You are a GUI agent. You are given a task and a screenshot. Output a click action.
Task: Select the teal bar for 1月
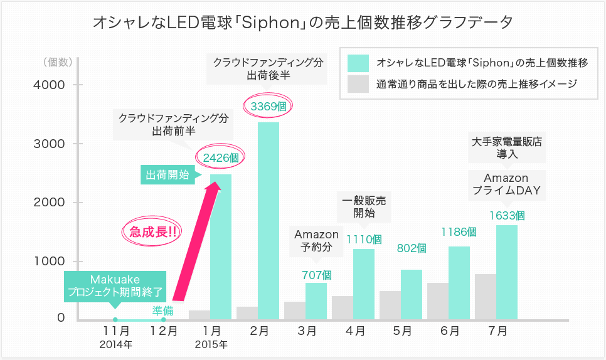pos(221,246)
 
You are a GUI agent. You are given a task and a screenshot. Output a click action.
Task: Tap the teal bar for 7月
pos(507,272)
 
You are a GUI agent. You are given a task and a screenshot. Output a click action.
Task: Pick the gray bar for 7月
pos(486,297)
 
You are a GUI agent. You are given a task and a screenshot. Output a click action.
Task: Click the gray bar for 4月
pos(343,307)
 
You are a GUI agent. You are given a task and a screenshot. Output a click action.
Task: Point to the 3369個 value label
pos(268,107)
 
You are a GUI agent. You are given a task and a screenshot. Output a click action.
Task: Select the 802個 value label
pos(412,248)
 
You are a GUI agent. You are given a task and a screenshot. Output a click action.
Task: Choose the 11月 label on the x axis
pos(117,331)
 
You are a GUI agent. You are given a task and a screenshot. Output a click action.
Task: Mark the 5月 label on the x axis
pos(403,331)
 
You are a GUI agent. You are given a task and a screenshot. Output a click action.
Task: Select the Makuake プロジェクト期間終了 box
pos(115,285)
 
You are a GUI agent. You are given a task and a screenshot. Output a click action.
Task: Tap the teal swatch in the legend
pos(358,63)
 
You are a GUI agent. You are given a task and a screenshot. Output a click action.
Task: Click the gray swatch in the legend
pos(358,83)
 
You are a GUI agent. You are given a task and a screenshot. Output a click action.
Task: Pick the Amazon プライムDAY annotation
pos(506,184)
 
